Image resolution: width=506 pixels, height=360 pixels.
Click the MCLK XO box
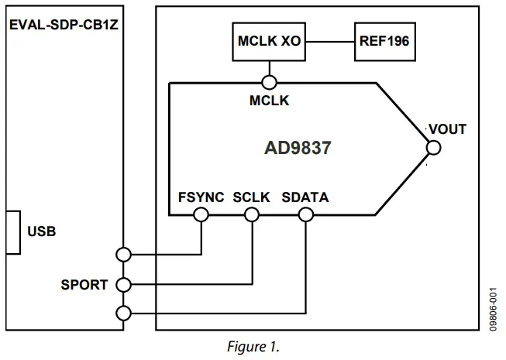269,41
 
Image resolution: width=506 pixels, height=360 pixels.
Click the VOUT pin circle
432,147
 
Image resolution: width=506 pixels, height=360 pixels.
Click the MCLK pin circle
269,81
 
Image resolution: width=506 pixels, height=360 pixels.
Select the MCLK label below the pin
269,101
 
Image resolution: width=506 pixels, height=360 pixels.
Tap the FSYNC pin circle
201,215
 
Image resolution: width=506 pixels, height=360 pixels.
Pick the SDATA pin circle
305,215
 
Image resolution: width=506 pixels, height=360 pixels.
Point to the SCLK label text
251,197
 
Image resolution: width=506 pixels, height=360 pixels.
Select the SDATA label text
305,197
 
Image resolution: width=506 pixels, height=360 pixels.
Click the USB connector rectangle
12,231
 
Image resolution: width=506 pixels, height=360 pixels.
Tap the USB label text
42,231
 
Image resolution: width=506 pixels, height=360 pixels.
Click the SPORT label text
84,284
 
